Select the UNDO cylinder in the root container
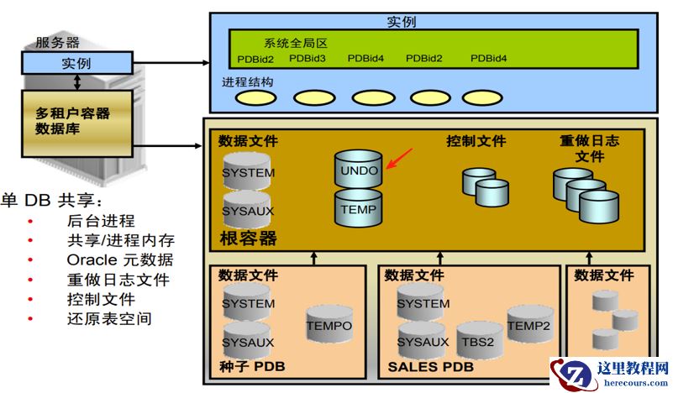[x=358, y=168]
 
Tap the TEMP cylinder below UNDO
[x=358, y=207]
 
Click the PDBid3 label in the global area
[x=307, y=59]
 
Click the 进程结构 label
[x=247, y=82]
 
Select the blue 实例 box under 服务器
[x=76, y=63]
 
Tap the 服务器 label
[x=57, y=42]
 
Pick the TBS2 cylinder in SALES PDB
[x=480, y=340]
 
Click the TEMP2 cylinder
[x=529, y=324]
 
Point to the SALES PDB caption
[x=430, y=368]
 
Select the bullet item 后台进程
[x=101, y=222]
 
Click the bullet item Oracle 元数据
[x=120, y=260]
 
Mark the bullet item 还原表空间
[x=109, y=318]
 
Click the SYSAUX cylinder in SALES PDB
[x=423, y=341]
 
